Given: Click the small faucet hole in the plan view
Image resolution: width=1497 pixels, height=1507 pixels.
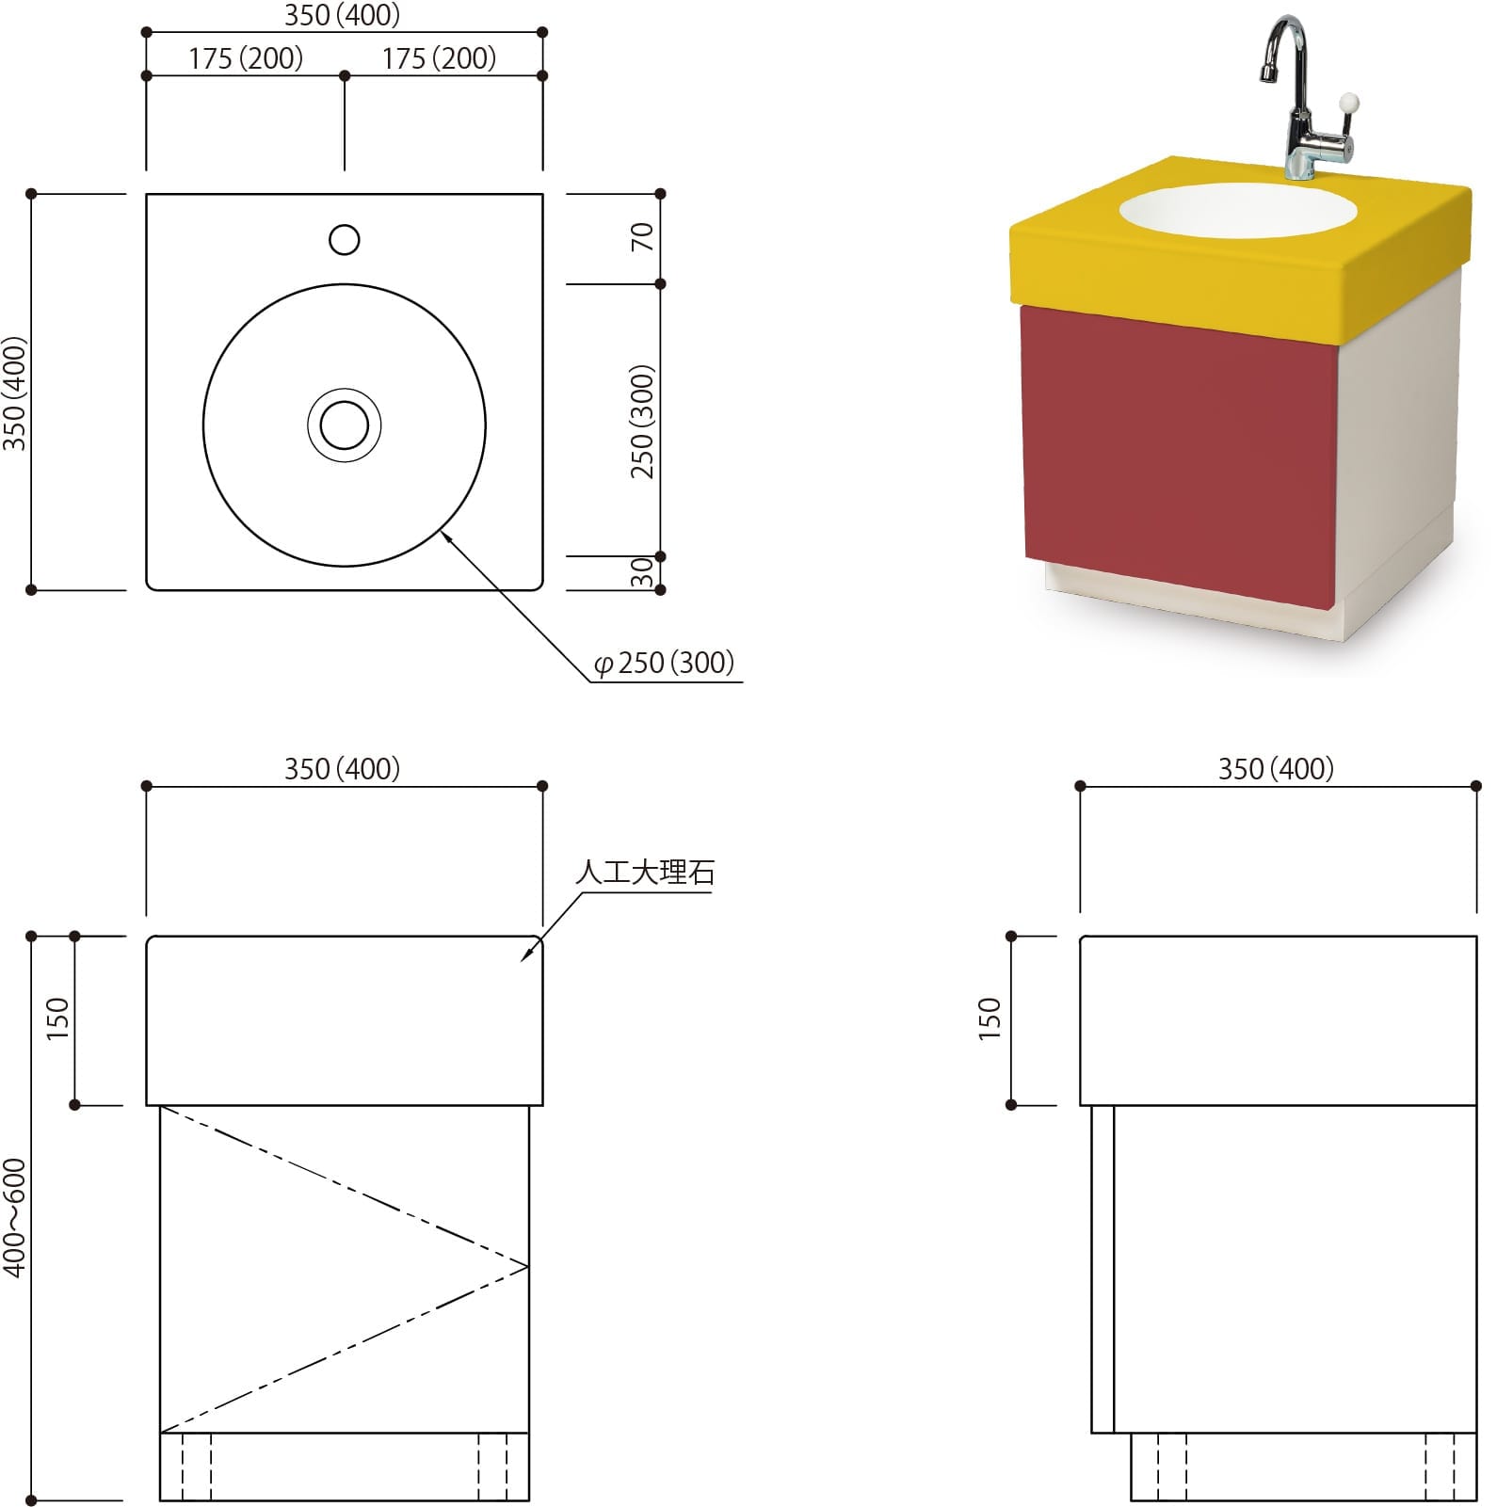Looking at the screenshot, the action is point(345,240).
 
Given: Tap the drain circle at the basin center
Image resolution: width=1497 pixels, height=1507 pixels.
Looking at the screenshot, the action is point(345,425).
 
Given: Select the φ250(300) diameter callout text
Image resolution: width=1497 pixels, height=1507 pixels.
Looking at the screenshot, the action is point(664,664).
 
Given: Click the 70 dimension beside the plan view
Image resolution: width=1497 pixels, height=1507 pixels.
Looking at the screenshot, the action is point(642,236).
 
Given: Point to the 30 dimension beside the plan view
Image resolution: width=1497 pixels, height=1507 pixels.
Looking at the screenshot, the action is point(642,572).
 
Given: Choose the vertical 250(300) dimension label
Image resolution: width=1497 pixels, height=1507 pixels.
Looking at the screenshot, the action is point(642,421).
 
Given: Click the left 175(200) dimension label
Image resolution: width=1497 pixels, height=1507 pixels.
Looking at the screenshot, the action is point(246,58).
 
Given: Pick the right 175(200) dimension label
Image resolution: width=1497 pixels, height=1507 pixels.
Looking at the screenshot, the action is point(439,58).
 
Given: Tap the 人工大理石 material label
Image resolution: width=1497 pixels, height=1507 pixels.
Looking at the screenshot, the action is point(645,873).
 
